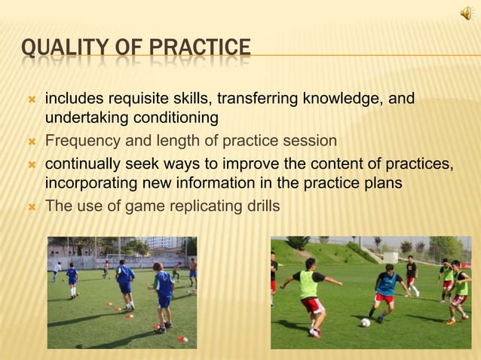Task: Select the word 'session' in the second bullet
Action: coord(311,141)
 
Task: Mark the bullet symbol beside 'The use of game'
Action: coord(31,206)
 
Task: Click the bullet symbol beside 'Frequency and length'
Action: coord(31,142)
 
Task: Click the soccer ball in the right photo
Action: coord(366,322)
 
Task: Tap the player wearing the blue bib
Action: coord(385,290)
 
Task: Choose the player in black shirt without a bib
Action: coord(411,274)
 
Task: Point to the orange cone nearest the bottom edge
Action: coord(182,339)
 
